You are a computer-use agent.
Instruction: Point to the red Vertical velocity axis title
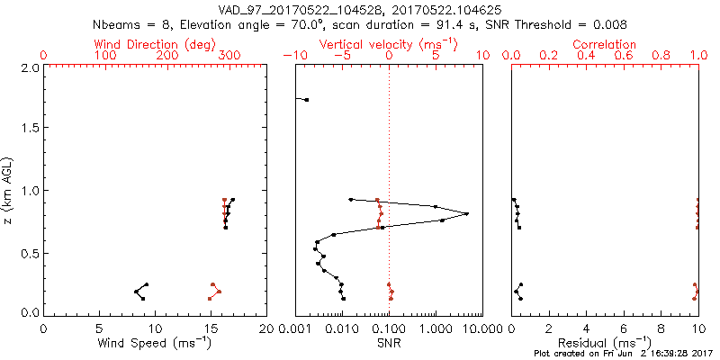click(x=388, y=43)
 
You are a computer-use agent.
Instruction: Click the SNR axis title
click(x=388, y=342)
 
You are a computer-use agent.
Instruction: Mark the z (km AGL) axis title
click(x=10, y=190)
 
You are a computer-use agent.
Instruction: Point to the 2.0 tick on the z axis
click(x=29, y=67)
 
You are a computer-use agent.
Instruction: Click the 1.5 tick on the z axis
click(x=29, y=129)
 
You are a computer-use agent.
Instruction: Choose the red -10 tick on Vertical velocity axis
click(x=293, y=56)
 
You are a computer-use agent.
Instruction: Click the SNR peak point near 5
click(x=467, y=213)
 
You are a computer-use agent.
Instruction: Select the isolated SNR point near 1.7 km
click(x=306, y=100)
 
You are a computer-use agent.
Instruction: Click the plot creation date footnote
click(x=620, y=354)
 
